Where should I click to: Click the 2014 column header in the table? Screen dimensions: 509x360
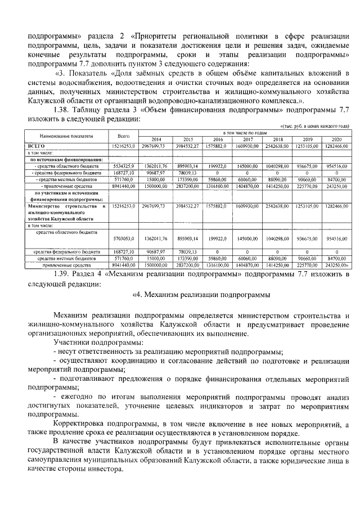pyautogui.click(x=156, y=139)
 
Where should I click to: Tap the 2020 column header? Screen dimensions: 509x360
pyautogui.click(x=336, y=139)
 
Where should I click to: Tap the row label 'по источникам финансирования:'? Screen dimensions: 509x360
pyautogui.click(x=62, y=159)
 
